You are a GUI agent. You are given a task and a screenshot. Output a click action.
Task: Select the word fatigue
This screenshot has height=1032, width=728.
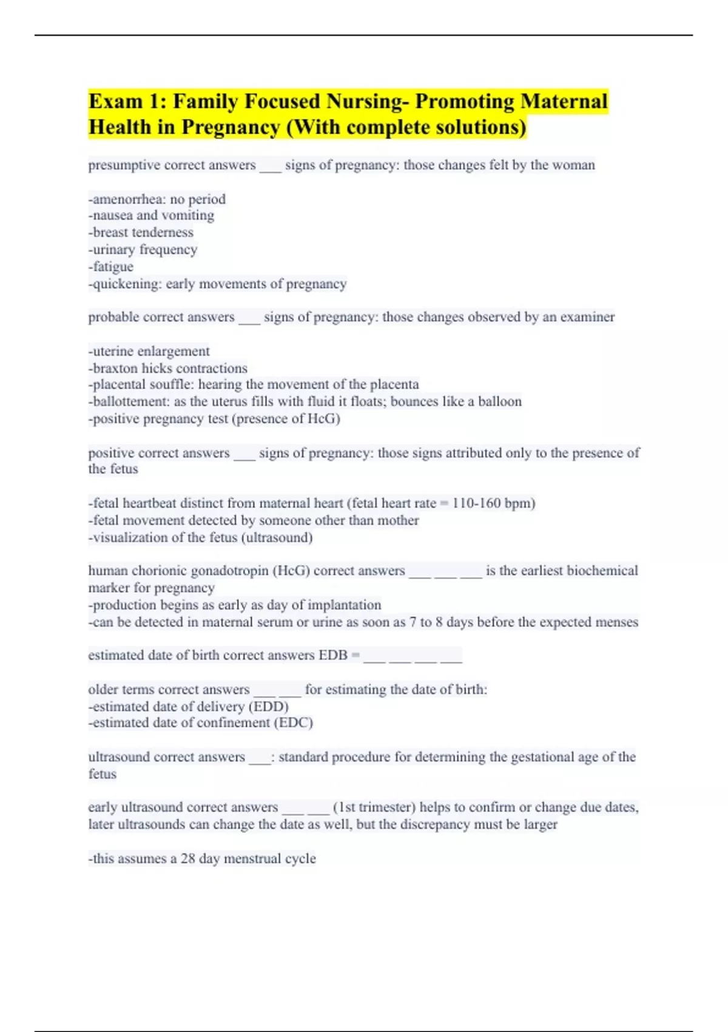(x=113, y=266)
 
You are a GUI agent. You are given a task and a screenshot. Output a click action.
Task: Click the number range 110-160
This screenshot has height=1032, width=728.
(x=476, y=503)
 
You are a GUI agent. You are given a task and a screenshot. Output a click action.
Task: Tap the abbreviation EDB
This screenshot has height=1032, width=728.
(x=332, y=656)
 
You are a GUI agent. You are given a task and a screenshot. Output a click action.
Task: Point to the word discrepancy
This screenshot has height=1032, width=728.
(x=439, y=825)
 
